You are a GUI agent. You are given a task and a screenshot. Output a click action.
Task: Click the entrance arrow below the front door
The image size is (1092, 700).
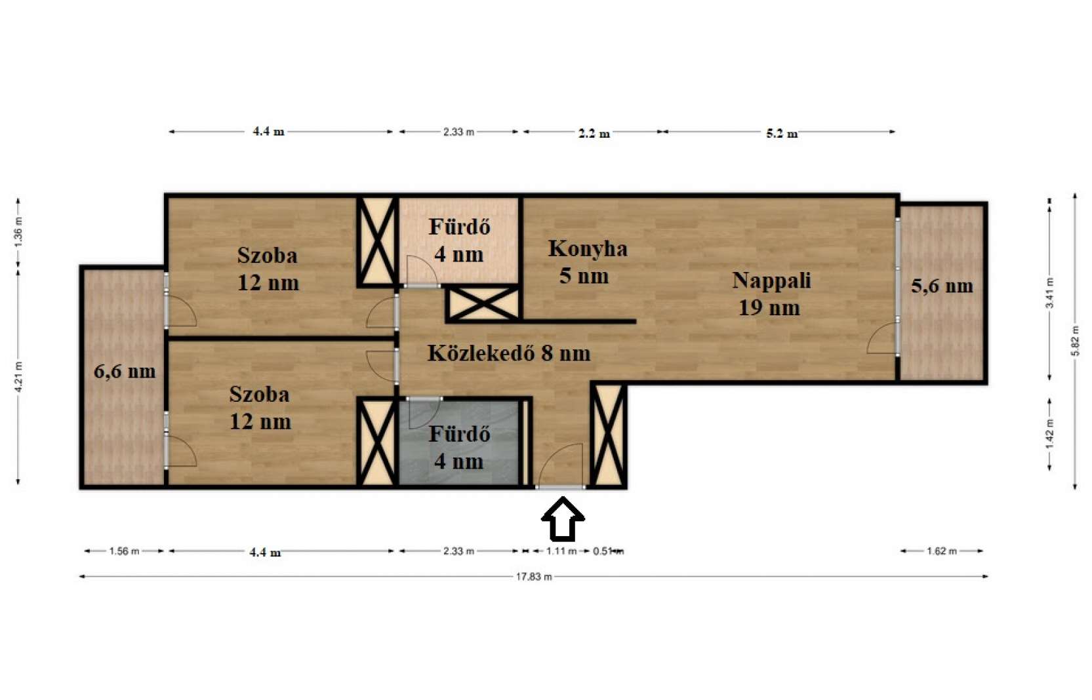coord(563,519)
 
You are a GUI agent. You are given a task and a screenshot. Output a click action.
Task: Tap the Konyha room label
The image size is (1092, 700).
coord(588,248)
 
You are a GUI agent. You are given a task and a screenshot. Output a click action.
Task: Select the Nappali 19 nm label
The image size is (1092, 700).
coord(771,294)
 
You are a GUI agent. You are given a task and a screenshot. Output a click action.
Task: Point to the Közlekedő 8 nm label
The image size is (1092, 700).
coord(509,353)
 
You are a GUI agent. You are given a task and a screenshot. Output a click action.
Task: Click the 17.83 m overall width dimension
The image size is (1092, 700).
coord(534,577)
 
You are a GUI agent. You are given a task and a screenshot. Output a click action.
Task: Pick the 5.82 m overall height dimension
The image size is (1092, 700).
coord(1075,341)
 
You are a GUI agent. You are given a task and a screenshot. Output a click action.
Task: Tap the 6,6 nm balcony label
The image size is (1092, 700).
coord(125,372)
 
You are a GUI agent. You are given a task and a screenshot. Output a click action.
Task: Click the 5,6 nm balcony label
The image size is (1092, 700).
coord(942,286)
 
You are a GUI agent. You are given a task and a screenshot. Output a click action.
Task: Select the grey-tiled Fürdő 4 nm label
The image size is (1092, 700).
coord(459,448)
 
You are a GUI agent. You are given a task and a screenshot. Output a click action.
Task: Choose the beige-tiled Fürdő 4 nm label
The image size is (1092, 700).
coord(459,241)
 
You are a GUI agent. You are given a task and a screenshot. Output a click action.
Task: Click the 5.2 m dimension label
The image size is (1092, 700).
coord(782,133)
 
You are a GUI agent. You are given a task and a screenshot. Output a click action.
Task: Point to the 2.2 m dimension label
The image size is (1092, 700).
coord(594,133)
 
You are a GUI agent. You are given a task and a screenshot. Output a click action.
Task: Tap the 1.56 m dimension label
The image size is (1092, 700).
coord(125,551)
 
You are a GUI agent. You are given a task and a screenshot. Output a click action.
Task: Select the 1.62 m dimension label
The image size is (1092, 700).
coord(942,551)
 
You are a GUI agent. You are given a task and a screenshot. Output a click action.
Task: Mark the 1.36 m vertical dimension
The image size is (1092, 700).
coord(18,233)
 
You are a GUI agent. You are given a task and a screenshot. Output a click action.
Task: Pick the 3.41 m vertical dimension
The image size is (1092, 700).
coord(1049,293)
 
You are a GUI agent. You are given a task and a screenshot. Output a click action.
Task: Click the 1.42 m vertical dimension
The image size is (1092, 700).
coord(1049,434)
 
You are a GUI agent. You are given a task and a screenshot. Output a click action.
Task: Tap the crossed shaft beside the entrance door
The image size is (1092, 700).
coord(609,435)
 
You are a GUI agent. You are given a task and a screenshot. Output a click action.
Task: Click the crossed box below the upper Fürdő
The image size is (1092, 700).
coord(483,305)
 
